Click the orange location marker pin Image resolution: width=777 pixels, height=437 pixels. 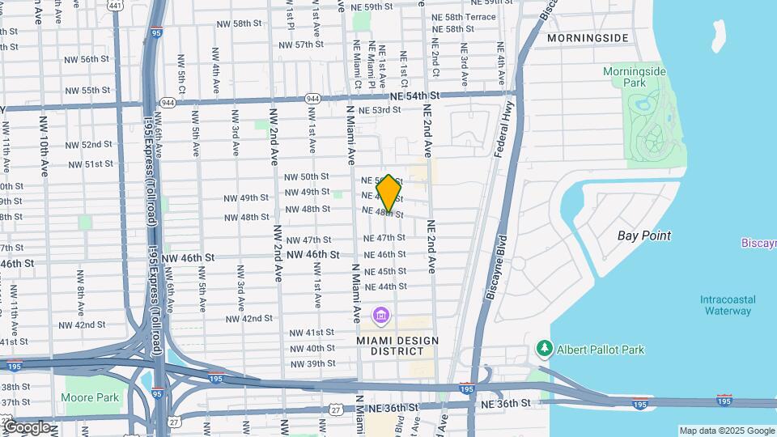(x=388, y=193)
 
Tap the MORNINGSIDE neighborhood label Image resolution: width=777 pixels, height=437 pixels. (x=587, y=38)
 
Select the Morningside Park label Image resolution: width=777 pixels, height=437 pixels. (x=635, y=77)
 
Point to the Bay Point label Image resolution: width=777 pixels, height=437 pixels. (x=643, y=235)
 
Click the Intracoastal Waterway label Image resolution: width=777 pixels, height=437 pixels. (x=728, y=305)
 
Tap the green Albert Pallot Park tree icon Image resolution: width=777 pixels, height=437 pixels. (x=545, y=349)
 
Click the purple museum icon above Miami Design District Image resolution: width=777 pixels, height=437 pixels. (x=380, y=315)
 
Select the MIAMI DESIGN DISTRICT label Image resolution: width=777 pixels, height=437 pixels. (x=390, y=346)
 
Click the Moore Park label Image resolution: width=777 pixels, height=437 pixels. (x=89, y=397)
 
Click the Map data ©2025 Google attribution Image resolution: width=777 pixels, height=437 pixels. (x=726, y=431)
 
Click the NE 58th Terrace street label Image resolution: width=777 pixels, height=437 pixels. (x=464, y=16)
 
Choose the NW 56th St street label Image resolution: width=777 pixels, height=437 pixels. (x=89, y=59)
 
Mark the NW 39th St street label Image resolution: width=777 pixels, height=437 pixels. (x=314, y=363)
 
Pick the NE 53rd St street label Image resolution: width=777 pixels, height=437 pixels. (x=380, y=109)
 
